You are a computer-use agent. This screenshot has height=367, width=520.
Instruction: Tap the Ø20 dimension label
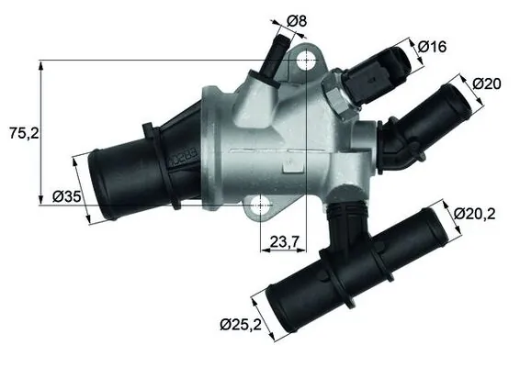click(486, 83)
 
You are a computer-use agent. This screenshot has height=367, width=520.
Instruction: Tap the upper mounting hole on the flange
click(307, 62)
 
